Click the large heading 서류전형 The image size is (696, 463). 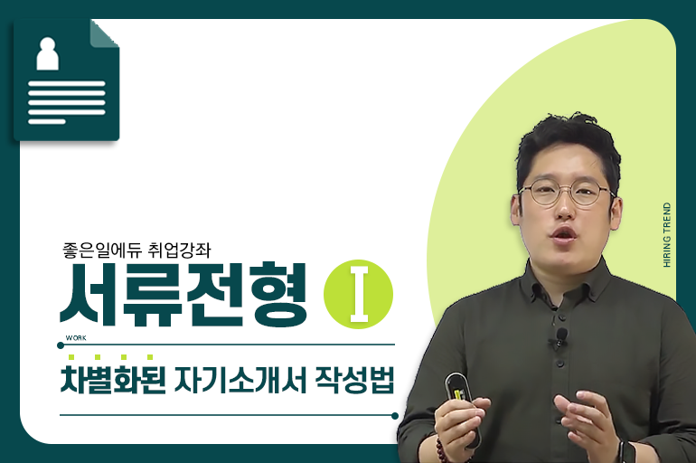tap(183, 295)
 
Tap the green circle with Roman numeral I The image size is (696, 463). tap(358, 294)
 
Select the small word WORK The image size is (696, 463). tap(76, 338)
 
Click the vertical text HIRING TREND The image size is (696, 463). tap(667, 235)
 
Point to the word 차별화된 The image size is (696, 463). tap(113, 380)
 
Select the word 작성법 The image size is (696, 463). tap(354, 380)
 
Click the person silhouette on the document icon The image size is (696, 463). tap(47, 53)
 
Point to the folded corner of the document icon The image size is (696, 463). tap(105, 33)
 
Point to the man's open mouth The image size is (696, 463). tap(563, 233)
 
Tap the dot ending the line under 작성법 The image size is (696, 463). tap(395, 416)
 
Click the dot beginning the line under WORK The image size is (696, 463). tap(61, 345)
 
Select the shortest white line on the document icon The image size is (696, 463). tap(47, 121)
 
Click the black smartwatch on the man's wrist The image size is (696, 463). tap(627, 452)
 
